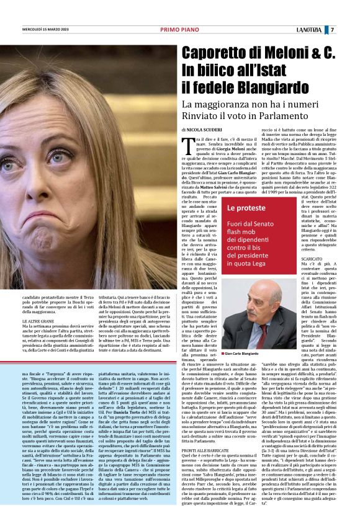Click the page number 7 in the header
349,30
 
